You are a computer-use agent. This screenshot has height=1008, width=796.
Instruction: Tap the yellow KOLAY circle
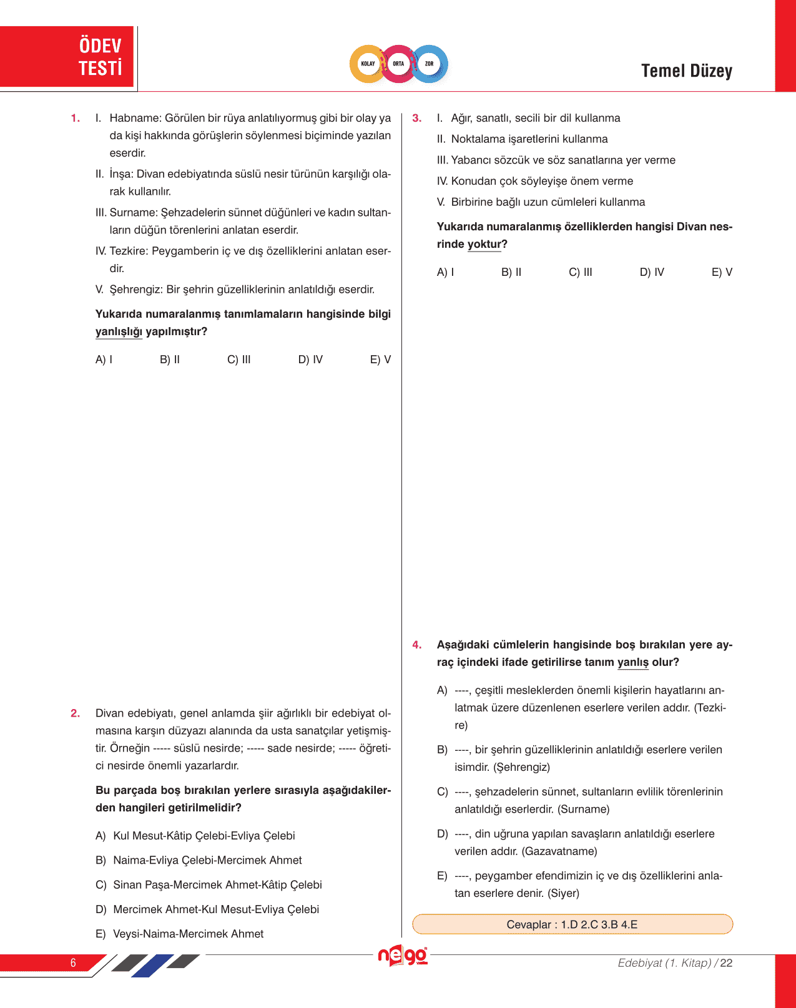pyautogui.click(x=368, y=64)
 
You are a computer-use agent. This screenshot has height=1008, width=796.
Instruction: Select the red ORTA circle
pyautogui.click(x=398, y=64)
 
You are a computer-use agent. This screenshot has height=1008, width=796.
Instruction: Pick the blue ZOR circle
pyautogui.click(x=430, y=64)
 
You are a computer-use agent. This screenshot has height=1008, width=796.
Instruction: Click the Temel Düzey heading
pyautogui.click(x=686, y=71)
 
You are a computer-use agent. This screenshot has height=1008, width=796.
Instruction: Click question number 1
pyautogui.click(x=76, y=119)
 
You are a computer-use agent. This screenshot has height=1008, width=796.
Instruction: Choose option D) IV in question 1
pyautogui.click(x=310, y=360)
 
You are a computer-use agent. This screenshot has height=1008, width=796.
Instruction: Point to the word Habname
pyautogui.click(x=135, y=119)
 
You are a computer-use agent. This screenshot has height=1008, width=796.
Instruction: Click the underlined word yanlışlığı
pyautogui.click(x=119, y=332)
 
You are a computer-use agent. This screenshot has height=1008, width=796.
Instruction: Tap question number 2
pyautogui.click(x=76, y=713)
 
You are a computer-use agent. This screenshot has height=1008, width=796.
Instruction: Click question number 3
pyautogui.click(x=417, y=119)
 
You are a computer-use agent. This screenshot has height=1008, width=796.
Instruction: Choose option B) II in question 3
pyautogui.click(x=511, y=272)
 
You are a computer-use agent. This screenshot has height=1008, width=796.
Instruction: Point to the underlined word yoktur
pyautogui.click(x=484, y=245)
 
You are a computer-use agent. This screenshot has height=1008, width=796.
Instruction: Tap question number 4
pyautogui.click(x=417, y=645)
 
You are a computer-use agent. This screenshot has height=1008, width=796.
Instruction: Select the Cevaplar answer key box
pyautogui.click(x=572, y=924)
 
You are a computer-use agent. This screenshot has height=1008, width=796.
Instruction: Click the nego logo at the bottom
pyautogui.click(x=403, y=956)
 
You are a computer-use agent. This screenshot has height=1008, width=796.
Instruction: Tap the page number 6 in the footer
pyautogui.click(x=73, y=962)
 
